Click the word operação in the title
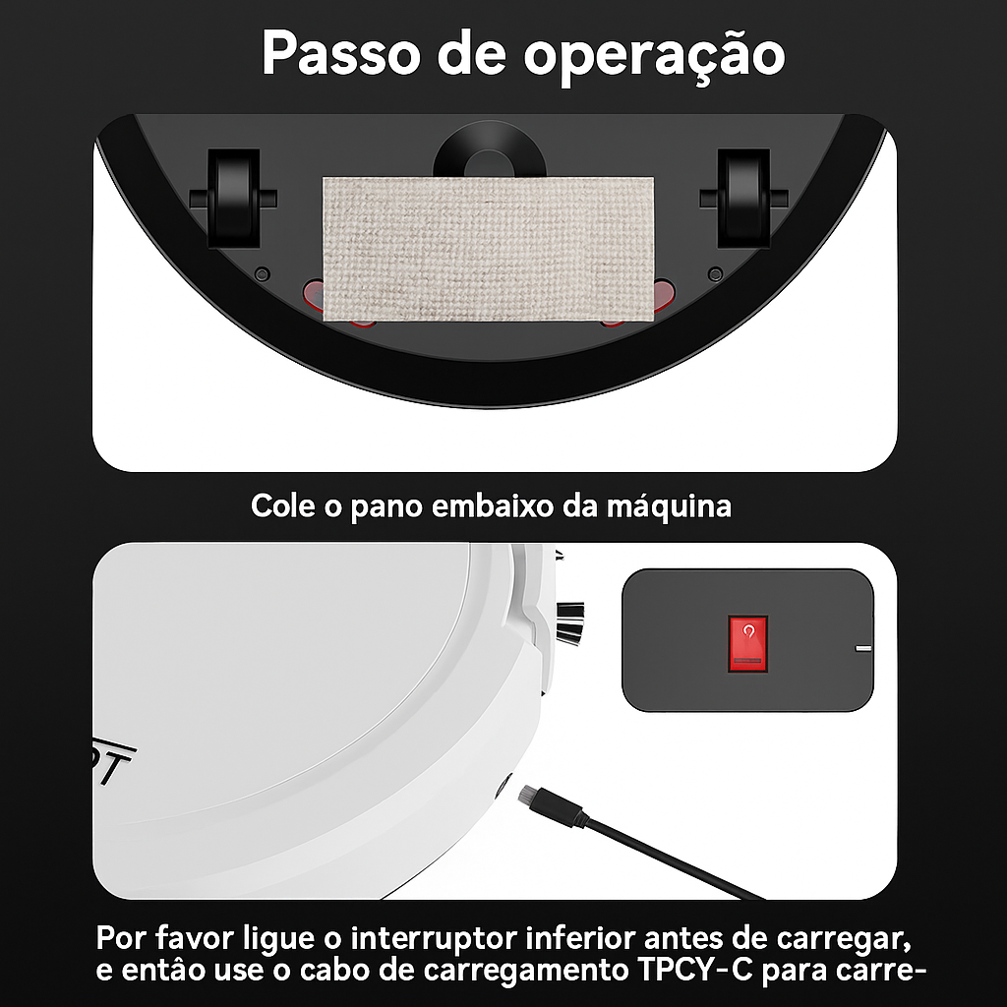click(654, 55)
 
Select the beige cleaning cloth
click(488, 248)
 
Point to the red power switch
click(747, 643)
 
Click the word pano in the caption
click(386, 506)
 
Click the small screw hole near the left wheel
click(262, 272)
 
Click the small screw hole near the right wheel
click(716, 272)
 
